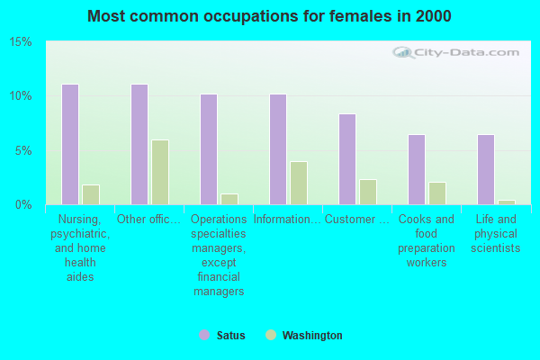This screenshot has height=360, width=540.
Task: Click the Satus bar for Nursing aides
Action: [70, 144]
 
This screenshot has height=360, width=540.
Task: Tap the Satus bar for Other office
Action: [139, 144]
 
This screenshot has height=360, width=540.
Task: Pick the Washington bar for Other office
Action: [160, 172]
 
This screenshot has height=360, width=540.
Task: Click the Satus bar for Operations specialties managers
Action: [209, 148]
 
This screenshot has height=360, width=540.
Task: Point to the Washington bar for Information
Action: [299, 183]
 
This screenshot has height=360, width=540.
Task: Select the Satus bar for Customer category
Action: [347, 158]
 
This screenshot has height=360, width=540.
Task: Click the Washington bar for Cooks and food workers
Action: [437, 193]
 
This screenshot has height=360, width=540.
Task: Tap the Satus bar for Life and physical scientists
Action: [486, 169]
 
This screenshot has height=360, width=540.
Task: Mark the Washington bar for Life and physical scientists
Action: [507, 202]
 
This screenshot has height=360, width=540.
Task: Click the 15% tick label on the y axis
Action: [21, 42]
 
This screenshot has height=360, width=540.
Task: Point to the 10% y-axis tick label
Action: [21, 96]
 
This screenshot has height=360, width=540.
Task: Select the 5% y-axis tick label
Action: [24, 150]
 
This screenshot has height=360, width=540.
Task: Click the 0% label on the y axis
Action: [24, 204]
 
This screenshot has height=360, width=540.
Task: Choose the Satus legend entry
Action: [222, 336]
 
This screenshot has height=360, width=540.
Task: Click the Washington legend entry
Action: [304, 336]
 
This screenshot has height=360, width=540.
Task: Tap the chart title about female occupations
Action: [270, 16]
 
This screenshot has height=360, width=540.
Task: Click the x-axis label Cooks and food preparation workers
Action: [427, 240]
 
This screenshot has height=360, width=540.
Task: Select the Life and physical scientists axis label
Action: [496, 233]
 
